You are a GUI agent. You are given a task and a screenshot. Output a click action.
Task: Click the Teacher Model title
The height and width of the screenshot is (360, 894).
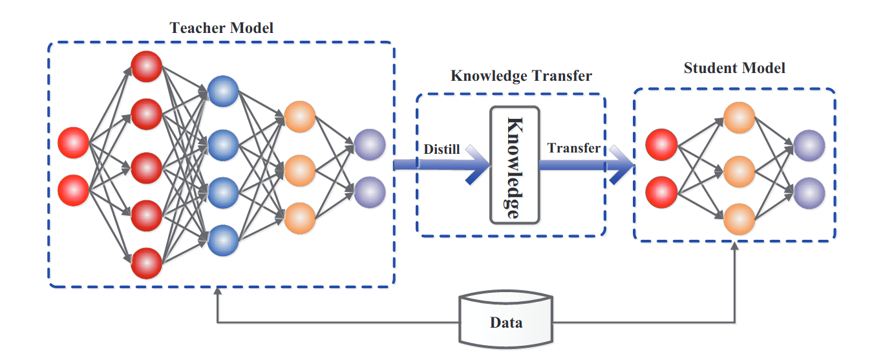(221, 28)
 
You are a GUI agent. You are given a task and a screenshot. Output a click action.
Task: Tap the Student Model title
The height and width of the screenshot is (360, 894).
(734, 67)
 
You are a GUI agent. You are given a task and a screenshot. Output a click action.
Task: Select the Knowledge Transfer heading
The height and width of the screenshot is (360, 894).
(521, 76)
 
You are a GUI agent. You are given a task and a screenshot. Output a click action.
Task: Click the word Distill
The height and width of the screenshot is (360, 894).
(442, 149)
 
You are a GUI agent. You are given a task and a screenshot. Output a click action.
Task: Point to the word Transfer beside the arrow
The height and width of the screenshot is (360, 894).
(573, 148)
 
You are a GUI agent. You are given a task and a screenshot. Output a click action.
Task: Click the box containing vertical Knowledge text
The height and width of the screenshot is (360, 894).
(515, 164)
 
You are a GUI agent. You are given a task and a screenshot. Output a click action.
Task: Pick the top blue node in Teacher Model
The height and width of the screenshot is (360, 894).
(223, 92)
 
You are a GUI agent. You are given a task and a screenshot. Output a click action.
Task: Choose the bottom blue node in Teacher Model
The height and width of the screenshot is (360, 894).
(223, 240)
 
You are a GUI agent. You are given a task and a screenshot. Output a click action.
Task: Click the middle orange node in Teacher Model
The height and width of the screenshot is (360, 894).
(299, 169)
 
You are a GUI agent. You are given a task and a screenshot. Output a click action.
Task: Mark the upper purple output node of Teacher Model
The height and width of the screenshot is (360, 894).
(369, 144)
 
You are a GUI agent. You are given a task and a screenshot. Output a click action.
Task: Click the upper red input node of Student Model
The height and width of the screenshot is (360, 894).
(662, 144)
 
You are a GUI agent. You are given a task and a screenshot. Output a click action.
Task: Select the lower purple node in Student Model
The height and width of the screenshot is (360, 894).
(809, 191)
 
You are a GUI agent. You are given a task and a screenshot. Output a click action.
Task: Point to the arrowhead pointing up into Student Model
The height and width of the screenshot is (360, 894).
(735, 248)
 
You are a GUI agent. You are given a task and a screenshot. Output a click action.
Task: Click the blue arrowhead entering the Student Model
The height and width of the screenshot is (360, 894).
(621, 165)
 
